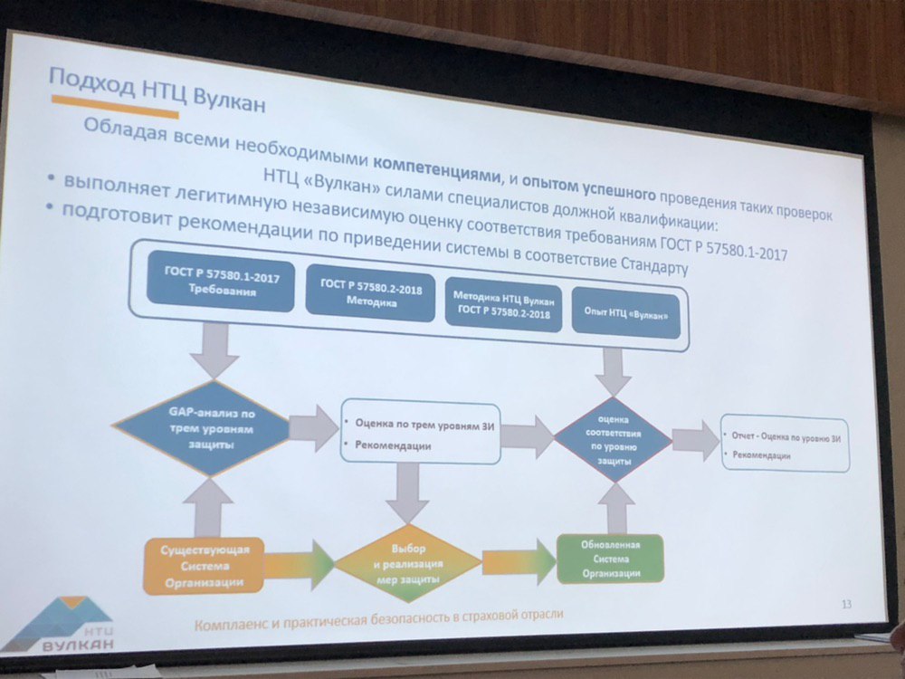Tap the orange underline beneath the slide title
114,111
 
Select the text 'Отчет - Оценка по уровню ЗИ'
786,438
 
